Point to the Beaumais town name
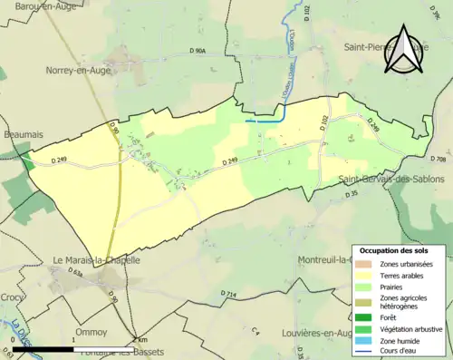[22, 133]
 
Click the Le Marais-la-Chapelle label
[97, 259]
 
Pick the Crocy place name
[14, 297]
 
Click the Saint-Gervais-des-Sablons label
[394, 179]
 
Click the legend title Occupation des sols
[394, 250]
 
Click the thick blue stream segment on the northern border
[265, 120]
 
